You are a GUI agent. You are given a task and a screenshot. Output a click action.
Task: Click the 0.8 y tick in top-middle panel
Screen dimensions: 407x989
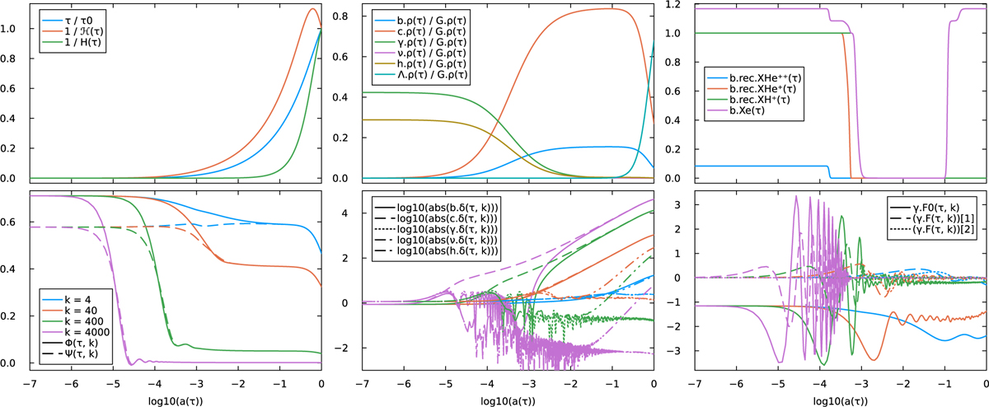[x=348, y=16]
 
